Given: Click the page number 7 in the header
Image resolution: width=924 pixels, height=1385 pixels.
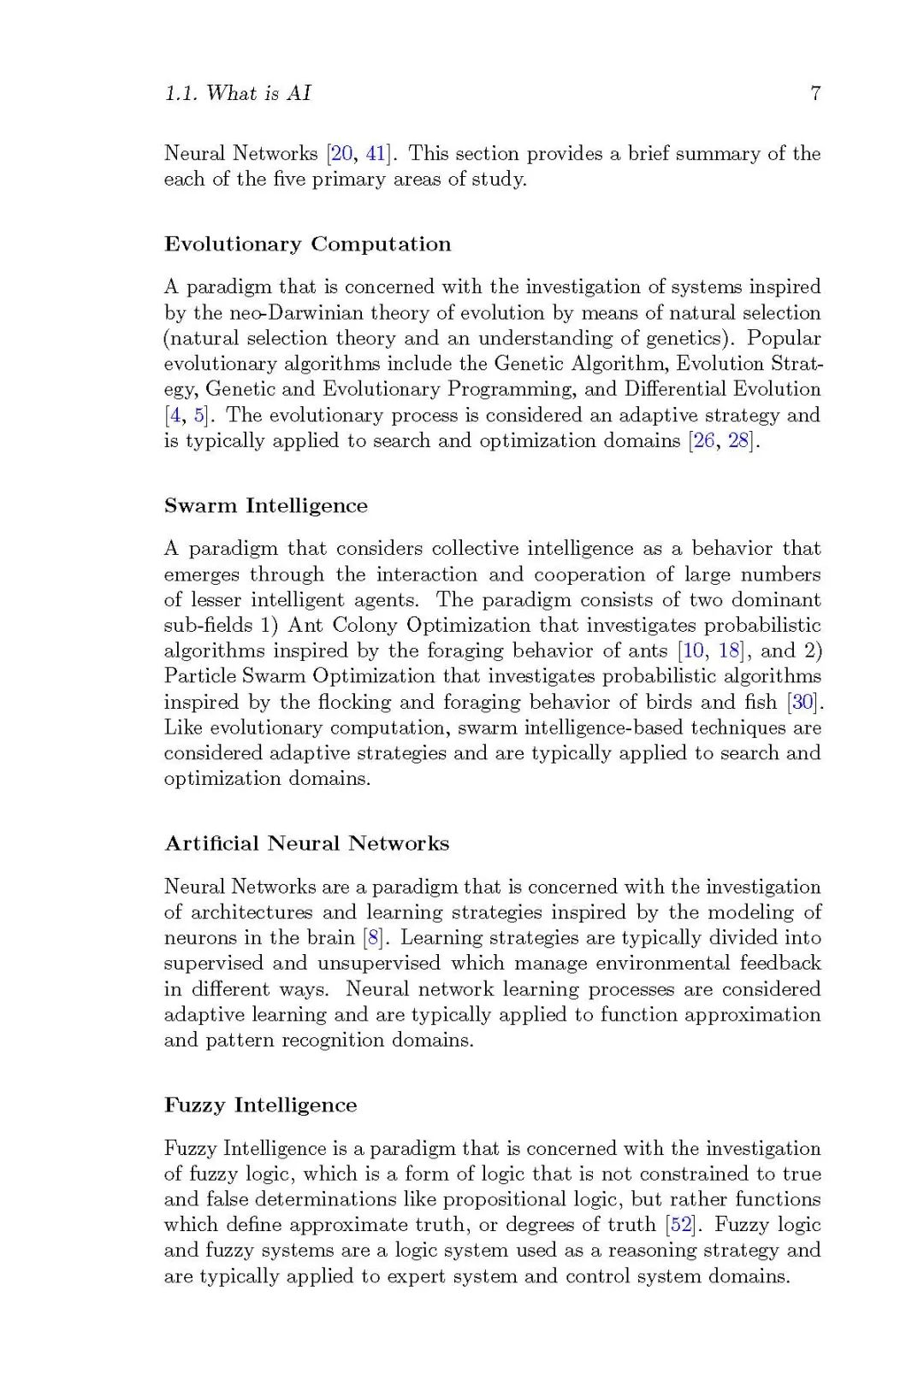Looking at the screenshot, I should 815,93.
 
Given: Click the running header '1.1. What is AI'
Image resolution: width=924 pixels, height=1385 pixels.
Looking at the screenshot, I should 237,93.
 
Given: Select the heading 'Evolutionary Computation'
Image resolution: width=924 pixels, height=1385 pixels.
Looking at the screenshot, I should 307,245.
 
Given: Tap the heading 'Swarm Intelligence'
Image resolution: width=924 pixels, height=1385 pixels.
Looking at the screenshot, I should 265,506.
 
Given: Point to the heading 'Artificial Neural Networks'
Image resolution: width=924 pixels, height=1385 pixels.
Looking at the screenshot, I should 306,844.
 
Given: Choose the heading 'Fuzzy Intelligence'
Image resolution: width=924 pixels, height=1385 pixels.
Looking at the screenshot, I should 260,1105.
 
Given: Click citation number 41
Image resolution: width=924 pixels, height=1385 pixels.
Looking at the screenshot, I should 375,154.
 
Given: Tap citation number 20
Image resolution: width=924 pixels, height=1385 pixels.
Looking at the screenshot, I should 341,154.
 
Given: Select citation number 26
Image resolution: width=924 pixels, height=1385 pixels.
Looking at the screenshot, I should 703,441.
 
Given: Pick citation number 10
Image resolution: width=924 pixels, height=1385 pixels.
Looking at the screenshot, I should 692,651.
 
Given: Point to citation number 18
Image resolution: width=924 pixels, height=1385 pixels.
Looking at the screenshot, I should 729,651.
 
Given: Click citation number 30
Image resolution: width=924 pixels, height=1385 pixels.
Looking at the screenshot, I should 803,702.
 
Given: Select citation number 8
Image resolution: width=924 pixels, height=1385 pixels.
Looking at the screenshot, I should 372,938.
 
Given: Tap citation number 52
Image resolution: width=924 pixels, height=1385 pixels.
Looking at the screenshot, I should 682,1225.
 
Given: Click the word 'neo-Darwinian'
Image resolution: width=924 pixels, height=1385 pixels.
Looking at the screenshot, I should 296,313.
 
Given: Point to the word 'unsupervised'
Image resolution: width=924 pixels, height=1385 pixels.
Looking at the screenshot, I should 378,964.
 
